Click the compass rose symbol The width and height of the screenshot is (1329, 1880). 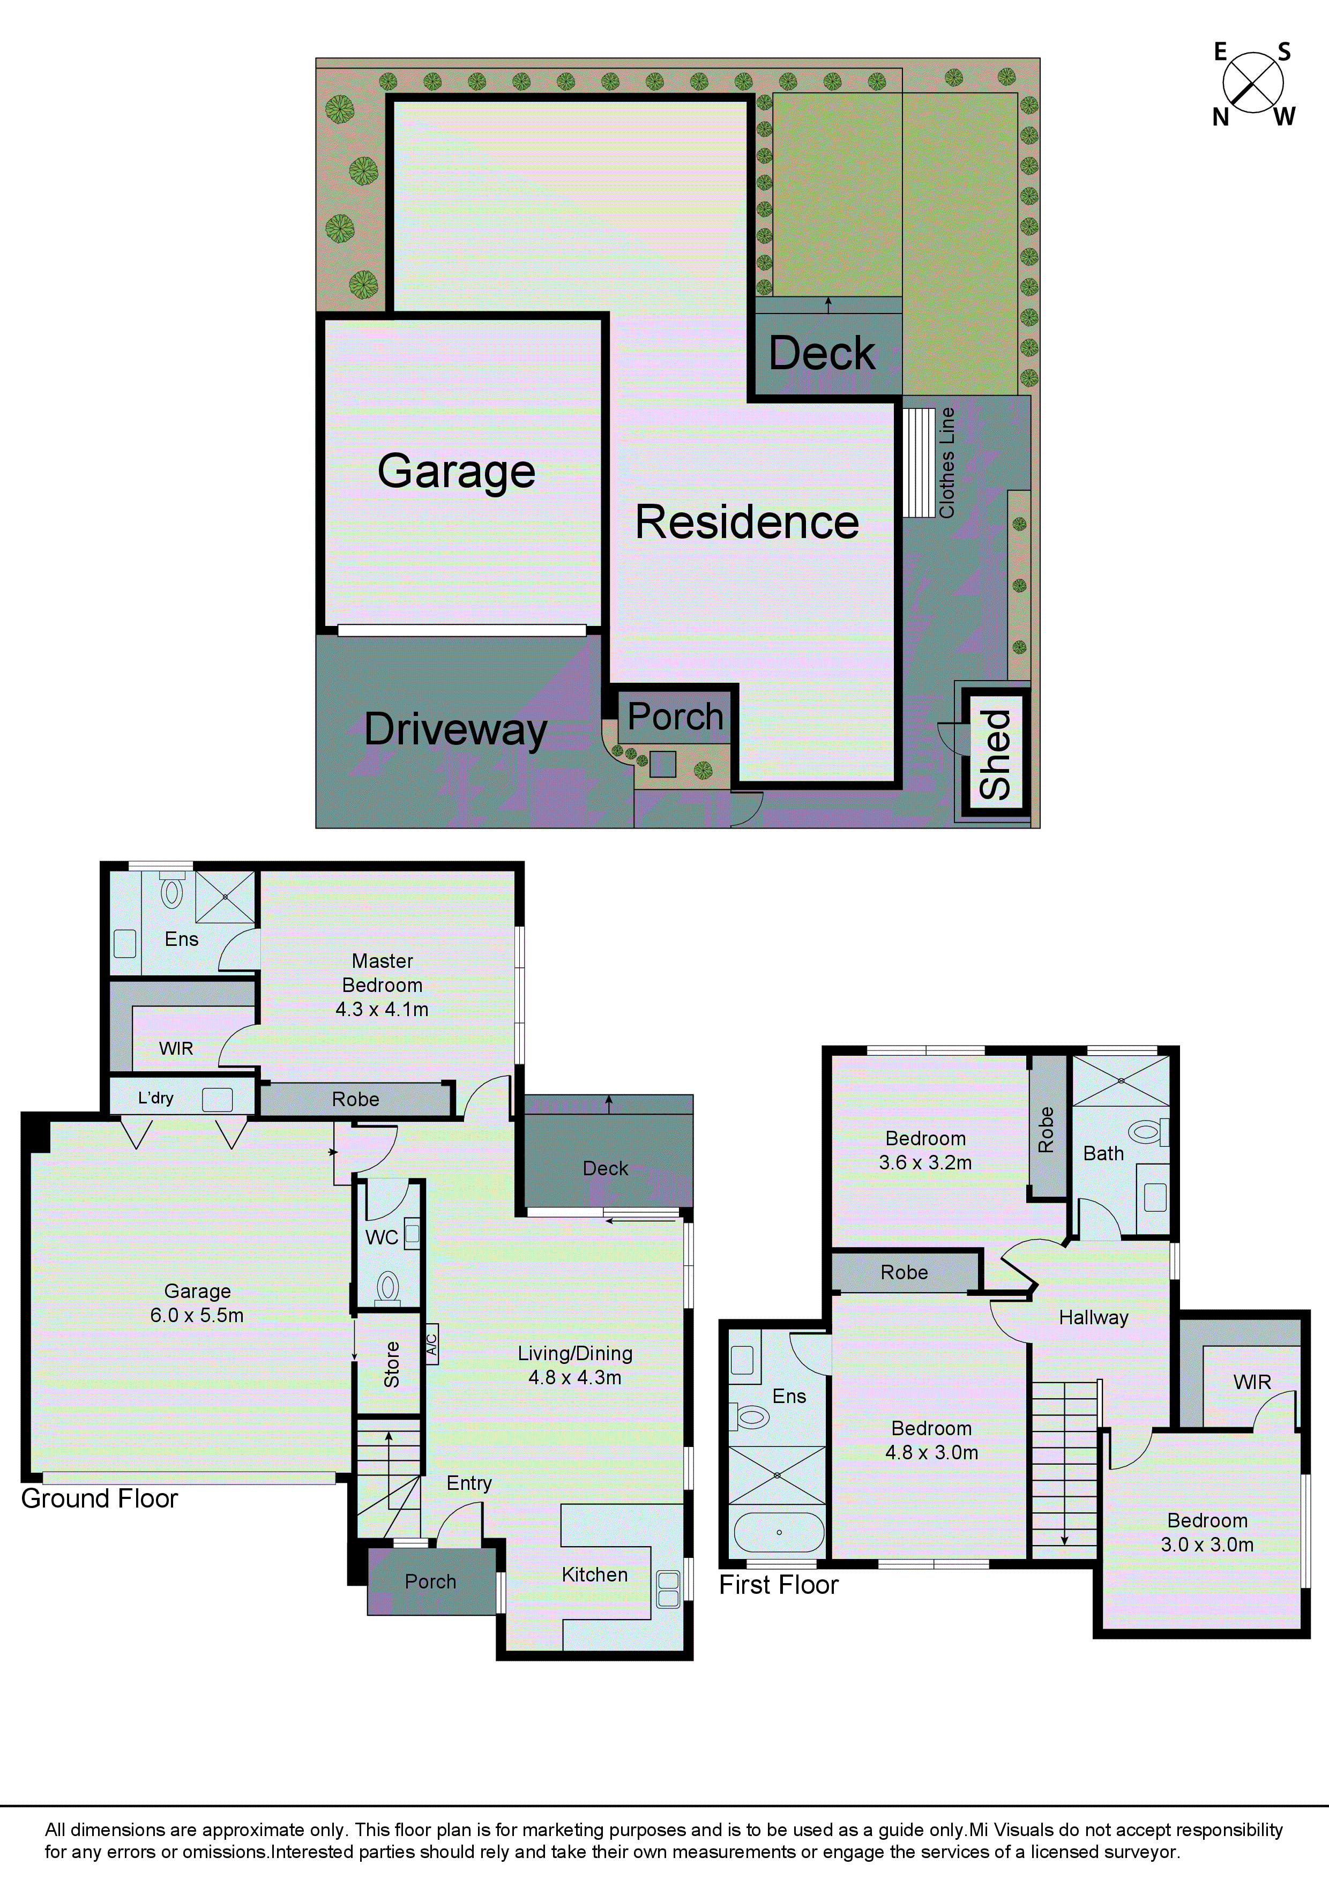1252,83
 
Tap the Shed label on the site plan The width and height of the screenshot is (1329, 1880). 995,754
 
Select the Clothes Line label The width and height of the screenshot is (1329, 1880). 946,462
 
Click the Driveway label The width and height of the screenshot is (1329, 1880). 456,729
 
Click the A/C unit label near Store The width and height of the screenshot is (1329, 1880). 431,1344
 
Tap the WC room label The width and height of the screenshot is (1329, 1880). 382,1237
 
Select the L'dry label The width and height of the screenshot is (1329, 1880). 155,1098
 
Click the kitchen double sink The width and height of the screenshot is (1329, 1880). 668,1590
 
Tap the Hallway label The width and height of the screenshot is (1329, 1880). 1093,1317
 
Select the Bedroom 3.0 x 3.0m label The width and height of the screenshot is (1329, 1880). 1207,1533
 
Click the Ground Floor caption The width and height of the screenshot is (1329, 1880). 99,1498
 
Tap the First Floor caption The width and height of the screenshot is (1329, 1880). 778,1584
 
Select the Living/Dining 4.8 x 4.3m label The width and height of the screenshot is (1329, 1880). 575,1365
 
